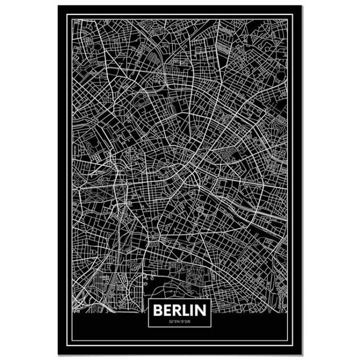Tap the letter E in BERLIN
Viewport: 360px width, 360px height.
(167, 311)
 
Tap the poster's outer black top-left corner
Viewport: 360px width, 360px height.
(58, 6)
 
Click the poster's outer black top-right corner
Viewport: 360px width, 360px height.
(302, 6)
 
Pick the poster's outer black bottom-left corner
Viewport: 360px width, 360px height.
(58, 355)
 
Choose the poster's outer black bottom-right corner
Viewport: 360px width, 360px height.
(302, 355)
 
